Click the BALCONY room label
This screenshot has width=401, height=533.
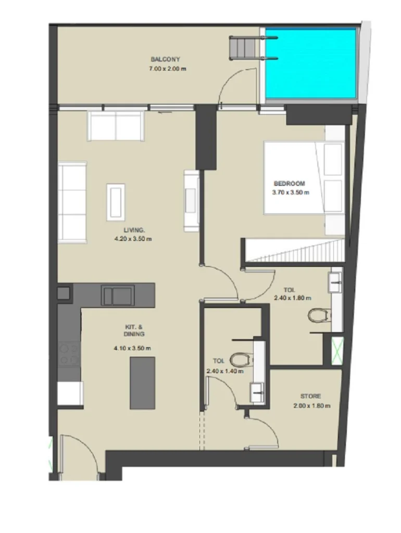165,59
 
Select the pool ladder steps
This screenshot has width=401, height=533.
242,47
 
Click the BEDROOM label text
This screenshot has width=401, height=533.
289,184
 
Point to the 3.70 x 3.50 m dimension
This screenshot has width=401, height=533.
291,193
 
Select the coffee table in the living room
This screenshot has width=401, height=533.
116,202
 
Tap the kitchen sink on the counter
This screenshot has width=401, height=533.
118,296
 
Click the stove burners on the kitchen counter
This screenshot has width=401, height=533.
69,354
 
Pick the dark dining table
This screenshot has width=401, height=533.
143,383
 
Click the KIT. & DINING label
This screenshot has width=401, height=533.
134,331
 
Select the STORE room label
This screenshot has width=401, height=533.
310,396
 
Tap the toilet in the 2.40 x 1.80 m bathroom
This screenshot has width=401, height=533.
319,315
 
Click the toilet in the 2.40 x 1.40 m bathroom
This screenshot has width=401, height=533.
242,360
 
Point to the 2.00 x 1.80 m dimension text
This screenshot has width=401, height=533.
311,405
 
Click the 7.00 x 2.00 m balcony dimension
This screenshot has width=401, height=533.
167,69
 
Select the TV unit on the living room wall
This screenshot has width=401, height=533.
192,200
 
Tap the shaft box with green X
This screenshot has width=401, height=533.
337,351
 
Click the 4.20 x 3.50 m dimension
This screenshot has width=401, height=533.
133,238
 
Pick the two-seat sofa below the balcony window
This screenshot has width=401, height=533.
116,126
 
